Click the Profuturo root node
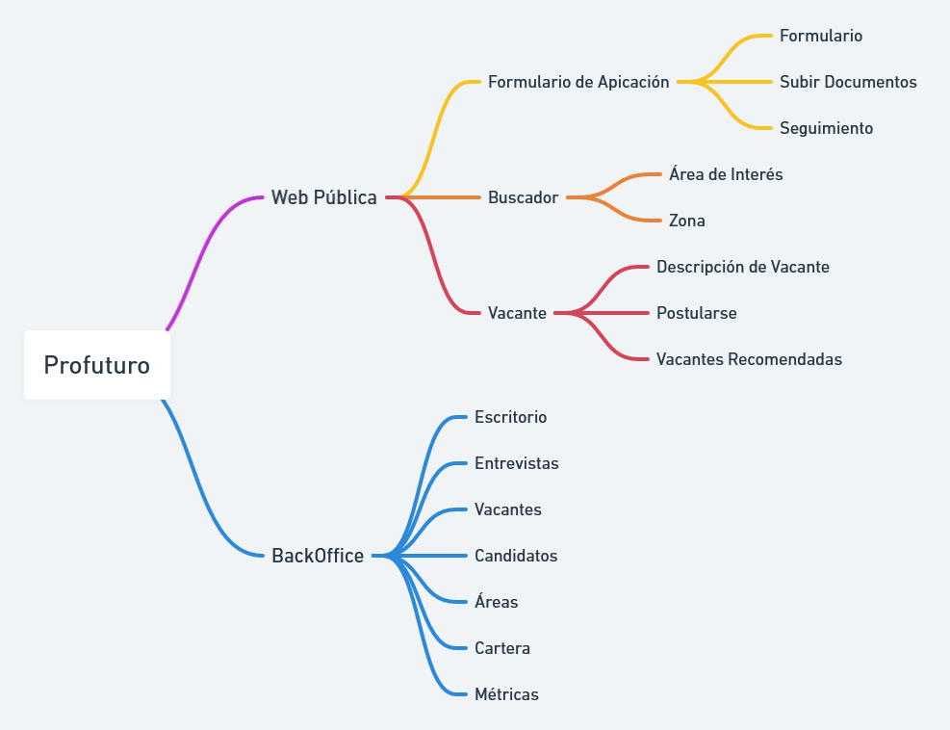tap(96, 366)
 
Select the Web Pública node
tap(324, 197)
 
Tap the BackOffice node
tap(318, 556)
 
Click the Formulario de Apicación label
tap(578, 82)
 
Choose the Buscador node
tap(523, 197)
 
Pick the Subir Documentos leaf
tap(848, 82)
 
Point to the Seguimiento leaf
tap(826, 128)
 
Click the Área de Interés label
tap(726, 174)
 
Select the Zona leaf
tap(687, 221)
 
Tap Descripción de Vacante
tap(743, 267)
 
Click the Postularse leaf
tap(697, 313)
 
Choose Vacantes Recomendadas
tap(749, 359)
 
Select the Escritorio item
tap(510, 417)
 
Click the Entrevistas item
tap(516, 463)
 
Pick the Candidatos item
tap(516, 556)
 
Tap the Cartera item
tap(502, 648)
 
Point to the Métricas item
tap(506, 694)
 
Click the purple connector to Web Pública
tap(207, 250)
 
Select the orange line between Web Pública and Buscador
tap(443, 197)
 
